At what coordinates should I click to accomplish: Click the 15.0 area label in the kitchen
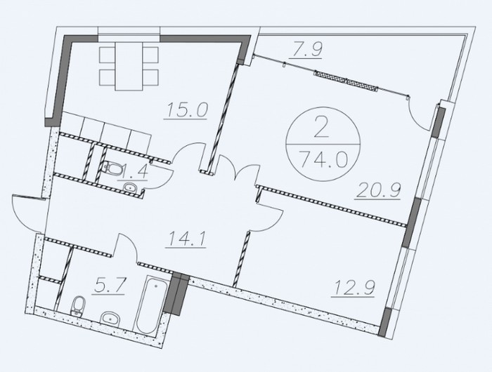pos(186,110)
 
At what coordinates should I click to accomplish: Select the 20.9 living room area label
pos(378,190)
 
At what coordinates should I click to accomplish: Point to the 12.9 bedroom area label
pos(353,288)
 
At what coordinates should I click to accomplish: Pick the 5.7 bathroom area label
pos(109,287)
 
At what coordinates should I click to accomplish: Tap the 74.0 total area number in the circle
pos(323,160)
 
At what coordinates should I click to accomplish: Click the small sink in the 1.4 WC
pos(129,187)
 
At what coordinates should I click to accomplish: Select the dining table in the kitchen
pos(129,66)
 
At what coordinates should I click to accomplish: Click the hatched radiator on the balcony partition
pos(345,81)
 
